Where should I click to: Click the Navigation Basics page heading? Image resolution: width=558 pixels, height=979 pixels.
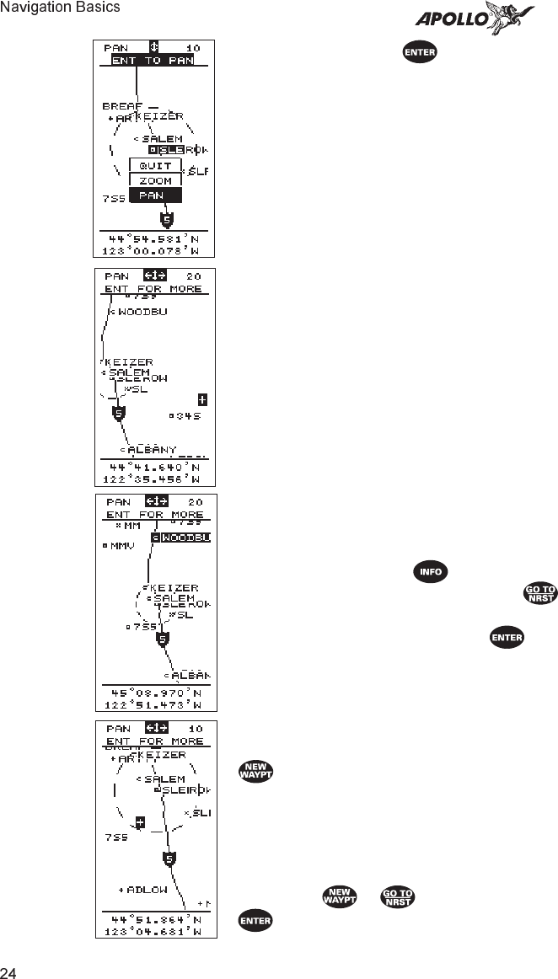click(60, 8)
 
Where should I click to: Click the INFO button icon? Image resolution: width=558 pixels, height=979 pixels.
click(430, 572)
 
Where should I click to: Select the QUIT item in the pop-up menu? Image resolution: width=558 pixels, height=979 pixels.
click(155, 166)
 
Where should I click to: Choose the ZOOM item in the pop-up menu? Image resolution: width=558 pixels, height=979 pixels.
click(155, 180)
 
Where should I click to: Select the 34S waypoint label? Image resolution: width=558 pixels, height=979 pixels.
click(189, 415)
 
